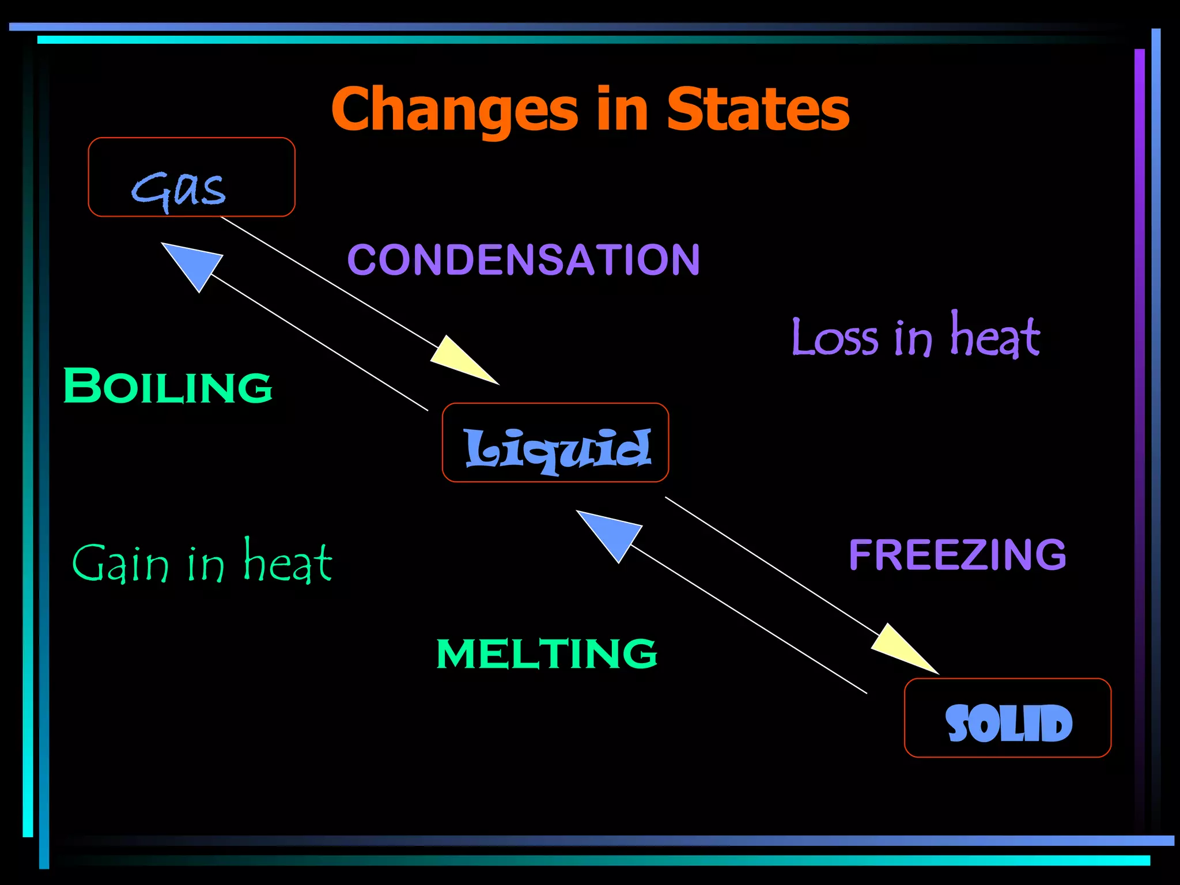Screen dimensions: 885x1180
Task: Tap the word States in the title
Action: click(x=758, y=109)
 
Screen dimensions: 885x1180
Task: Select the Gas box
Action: click(x=191, y=177)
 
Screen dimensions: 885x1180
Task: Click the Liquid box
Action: click(x=555, y=442)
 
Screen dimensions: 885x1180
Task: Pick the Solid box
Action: click(x=1008, y=718)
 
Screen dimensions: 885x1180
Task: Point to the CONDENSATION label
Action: click(x=523, y=259)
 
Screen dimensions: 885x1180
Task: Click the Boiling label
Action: click(x=167, y=385)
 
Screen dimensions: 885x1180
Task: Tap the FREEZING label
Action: click(x=957, y=554)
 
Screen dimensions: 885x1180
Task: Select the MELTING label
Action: click(x=546, y=653)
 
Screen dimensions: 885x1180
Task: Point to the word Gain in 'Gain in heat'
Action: click(x=120, y=563)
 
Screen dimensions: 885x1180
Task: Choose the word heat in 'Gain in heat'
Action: click(x=288, y=561)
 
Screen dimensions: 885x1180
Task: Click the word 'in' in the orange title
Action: click(x=622, y=109)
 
